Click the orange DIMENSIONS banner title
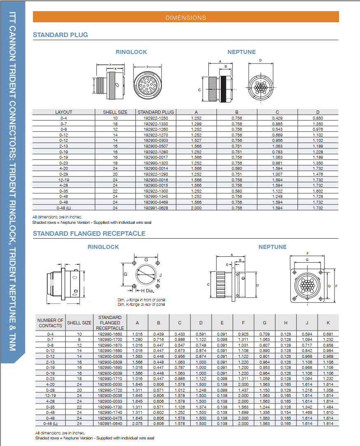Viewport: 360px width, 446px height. click(185, 18)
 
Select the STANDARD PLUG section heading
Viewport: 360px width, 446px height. click(60, 35)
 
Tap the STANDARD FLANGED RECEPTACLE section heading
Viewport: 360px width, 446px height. click(89, 234)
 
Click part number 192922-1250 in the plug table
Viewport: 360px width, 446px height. click(156, 118)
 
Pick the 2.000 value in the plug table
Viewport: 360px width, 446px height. click(196, 208)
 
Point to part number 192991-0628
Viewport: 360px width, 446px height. click(156, 208)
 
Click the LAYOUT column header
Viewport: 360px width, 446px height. click(63, 112)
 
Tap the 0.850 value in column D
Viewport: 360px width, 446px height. click(318, 118)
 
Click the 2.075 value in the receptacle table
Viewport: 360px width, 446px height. click(138, 424)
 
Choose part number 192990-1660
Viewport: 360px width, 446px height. click(110, 334)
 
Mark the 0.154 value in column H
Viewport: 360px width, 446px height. click(285, 412)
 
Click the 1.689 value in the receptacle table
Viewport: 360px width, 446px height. click(243, 412)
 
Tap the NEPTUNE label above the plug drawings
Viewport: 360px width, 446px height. click(241, 52)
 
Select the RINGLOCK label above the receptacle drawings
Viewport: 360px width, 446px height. click(103, 247)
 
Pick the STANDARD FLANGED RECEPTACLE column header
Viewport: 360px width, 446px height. click(110, 323)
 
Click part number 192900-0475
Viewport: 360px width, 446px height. click(110, 418)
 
